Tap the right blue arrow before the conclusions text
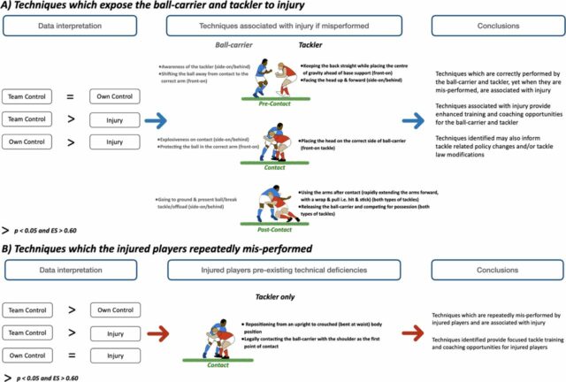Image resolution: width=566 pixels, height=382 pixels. click(417, 116)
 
